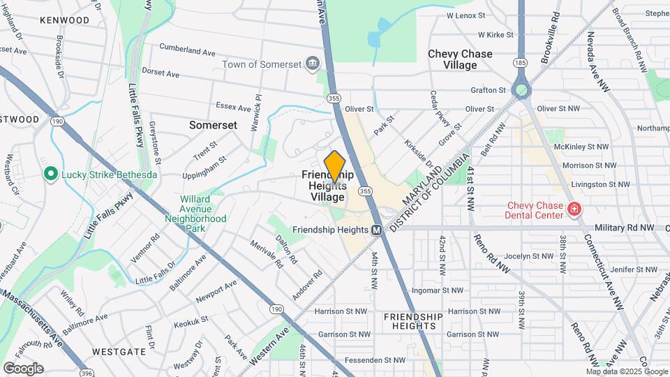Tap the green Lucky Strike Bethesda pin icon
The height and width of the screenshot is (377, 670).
50,174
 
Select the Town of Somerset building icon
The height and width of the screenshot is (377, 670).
312,64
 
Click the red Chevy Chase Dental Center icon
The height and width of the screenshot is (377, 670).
574,209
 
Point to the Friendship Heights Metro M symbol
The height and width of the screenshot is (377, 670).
376,229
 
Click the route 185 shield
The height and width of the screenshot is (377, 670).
520,63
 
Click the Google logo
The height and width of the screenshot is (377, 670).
23,368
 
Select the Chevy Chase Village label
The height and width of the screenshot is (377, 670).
460,59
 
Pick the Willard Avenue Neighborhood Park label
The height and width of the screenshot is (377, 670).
195,214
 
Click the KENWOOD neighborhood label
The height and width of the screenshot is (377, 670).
64,20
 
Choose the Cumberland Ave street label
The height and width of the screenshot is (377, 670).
187,51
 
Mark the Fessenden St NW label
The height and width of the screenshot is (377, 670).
379,360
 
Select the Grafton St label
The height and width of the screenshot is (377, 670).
488,91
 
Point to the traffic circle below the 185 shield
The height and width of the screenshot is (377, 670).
521,90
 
